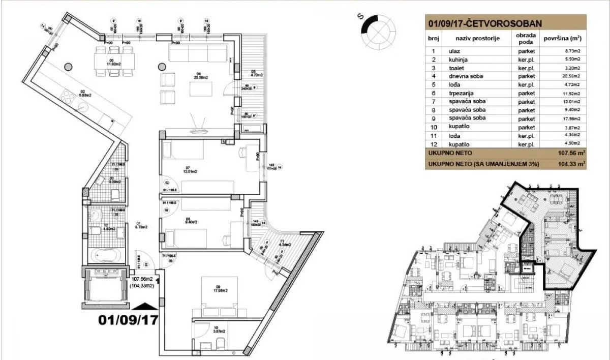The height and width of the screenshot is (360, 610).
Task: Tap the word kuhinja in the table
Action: point(458,59)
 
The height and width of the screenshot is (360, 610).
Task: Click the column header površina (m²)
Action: point(562,38)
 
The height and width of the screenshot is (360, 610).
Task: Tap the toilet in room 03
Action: point(115,194)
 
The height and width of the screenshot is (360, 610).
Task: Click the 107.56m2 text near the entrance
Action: point(143,279)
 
